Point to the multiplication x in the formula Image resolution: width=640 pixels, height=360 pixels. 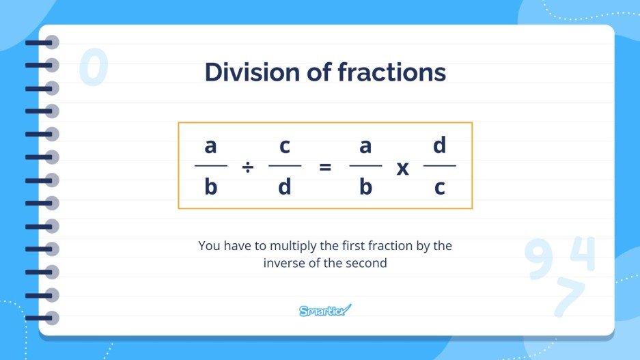click(403, 168)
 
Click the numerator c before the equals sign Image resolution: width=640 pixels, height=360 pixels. click(285, 146)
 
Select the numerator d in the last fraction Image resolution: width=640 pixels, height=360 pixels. click(440, 145)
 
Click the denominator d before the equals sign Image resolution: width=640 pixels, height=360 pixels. click(285, 186)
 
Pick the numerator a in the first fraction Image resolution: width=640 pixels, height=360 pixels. click(210, 146)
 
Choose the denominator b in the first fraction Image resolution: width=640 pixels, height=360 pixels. click(210, 186)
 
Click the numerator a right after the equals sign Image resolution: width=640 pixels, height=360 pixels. click(365, 146)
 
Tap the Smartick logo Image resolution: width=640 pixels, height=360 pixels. click(325, 311)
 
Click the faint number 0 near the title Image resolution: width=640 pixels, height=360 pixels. click(94, 68)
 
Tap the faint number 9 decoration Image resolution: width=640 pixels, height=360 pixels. click(540, 260)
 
